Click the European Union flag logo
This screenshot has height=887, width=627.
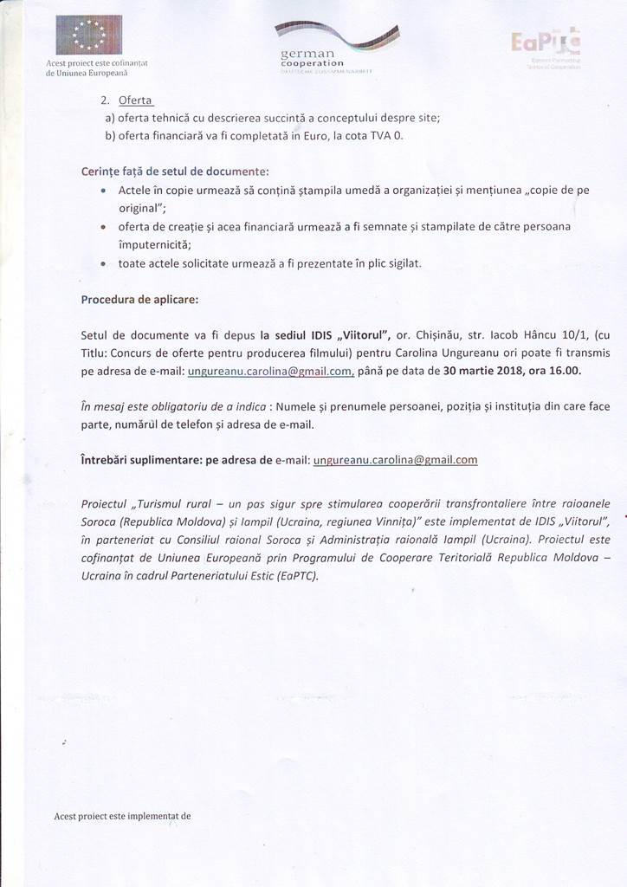coord(88,35)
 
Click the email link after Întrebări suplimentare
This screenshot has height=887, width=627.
coord(395,459)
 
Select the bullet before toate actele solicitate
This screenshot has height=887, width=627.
coord(105,264)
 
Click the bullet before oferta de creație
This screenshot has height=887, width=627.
coord(105,228)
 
